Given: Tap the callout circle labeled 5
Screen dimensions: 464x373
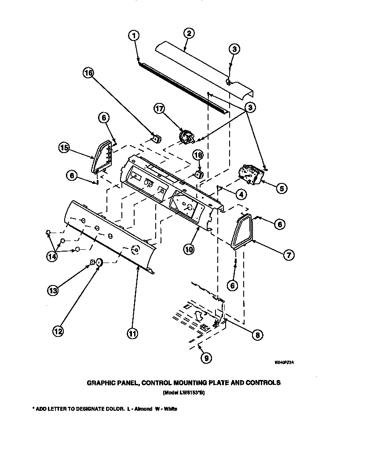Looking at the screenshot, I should point(281,188).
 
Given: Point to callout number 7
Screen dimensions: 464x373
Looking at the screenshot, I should point(288,254).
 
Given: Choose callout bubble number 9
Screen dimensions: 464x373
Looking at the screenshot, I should point(205,358).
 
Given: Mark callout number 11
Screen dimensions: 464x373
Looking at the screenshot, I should point(132,334).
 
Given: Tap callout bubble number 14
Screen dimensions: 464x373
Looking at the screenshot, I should point(52,257).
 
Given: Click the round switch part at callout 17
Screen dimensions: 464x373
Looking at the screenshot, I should point(186,136).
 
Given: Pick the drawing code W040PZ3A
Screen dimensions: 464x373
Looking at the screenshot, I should point(284,363).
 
